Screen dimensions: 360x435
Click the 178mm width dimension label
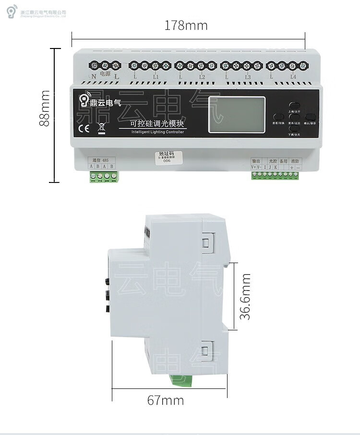tap(186, 25)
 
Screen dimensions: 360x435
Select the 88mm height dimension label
tap(45, 108)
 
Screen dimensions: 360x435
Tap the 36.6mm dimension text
tap(246, 297)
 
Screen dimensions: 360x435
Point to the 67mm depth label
tap(165, 400)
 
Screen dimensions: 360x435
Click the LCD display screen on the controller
tap(237, 114)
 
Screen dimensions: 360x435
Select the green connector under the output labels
tap(275, 175)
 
